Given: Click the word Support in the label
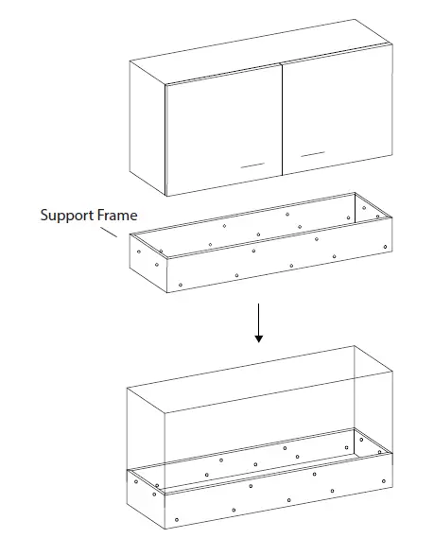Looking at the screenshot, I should tap(67, 215).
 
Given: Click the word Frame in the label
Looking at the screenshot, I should tap(117, 215).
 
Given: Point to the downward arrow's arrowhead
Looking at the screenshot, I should tap(258, 338).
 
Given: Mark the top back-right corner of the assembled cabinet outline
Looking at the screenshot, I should tap(355, 346).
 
